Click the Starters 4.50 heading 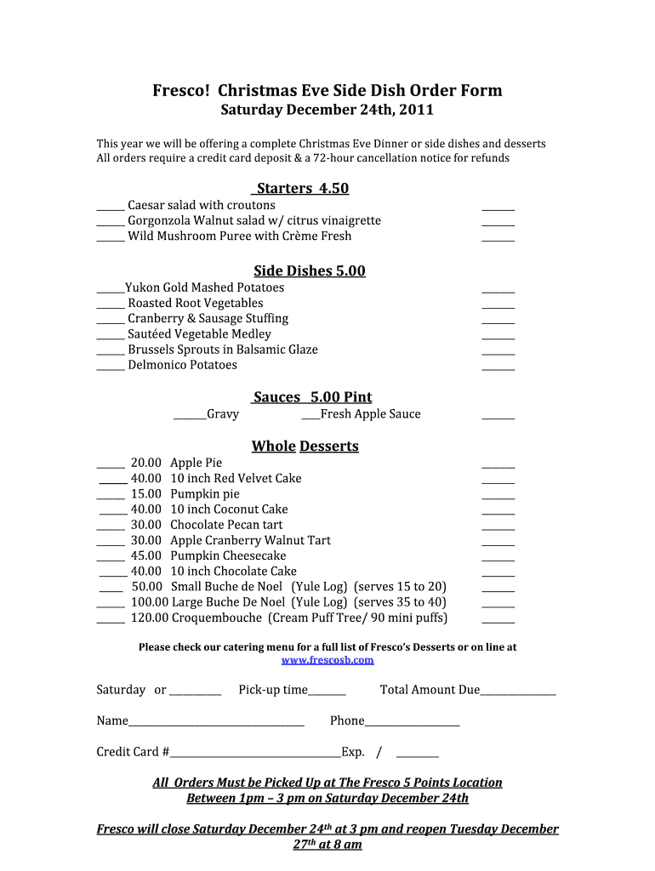tap(302, 189)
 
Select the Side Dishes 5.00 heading tap(310, 271)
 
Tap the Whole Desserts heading tap(305, 447)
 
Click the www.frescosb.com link tap(327, 660)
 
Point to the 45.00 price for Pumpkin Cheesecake tap(146, 556)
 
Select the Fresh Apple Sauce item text tap(370, 414)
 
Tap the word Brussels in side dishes tap(152, 350)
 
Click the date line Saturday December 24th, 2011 tap(327, 111)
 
